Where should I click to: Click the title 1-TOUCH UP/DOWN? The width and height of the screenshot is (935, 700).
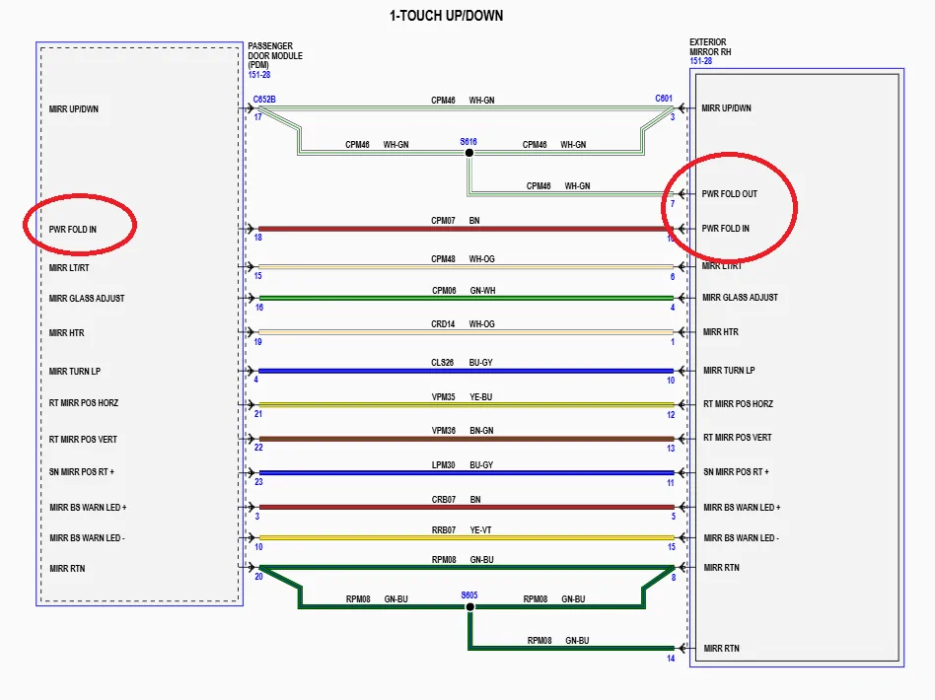(x=447, y=17)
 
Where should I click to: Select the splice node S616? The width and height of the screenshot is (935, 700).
(x=469, y=153)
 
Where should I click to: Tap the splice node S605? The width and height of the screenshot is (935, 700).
(x=469, y=606)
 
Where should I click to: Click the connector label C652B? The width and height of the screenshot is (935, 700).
(x=263, y=99)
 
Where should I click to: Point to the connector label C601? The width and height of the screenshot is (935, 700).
(x=664, y=99)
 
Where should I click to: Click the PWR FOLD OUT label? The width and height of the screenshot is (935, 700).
(x=729, y=194)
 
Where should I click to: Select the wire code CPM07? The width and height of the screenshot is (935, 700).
(x=443, y=220)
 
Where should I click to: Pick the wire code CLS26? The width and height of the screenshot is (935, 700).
(x=443, y=363)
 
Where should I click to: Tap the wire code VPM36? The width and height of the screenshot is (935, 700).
(x=443, y=430)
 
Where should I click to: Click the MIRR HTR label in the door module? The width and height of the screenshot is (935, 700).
(x=66, y=333)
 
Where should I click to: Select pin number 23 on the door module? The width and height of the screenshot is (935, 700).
(x=258, y=482)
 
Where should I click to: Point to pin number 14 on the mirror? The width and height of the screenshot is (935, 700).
(x=671, y=659)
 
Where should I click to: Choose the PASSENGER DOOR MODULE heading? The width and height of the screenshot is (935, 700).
(x=275, y=55)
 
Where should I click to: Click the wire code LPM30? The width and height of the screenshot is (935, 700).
(x=443, y=464)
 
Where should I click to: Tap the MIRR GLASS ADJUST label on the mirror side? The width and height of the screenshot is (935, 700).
(x=740, y=298)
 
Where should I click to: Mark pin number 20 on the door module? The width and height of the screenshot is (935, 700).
(x=258, y=577)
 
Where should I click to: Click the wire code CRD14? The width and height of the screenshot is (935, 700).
(x=443, y=322)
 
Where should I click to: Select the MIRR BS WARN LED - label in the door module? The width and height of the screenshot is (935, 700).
(x=87, y=538)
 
